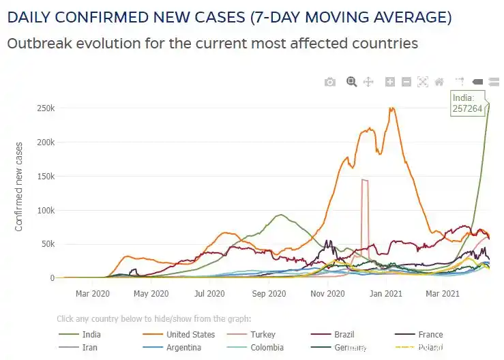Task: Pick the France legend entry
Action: [430, 335]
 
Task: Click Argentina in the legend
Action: [183, 348]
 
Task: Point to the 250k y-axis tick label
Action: [46, 108]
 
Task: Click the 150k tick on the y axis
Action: [46, 176]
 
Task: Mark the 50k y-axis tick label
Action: [48, 244]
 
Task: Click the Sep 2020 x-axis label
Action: [268, 294]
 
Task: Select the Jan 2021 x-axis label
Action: [386, 294]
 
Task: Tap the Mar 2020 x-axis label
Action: [92, 294]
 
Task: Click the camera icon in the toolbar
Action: [330, 82]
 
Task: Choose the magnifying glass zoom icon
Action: [352, 82]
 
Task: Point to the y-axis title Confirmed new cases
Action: [19, 186]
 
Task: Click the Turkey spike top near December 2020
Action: [365, 180]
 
